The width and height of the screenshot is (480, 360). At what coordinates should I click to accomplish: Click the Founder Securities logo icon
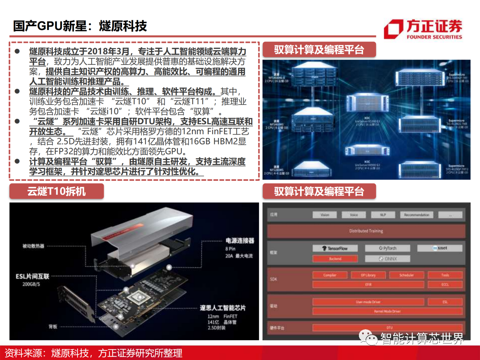point(393,29)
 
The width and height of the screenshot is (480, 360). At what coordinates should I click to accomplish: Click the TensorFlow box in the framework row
point(335,248)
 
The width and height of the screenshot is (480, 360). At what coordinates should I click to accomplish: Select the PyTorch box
point(388,248)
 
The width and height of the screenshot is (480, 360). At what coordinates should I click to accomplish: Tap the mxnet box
point(440,248)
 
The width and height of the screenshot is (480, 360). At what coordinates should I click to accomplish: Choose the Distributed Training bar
point(366,231)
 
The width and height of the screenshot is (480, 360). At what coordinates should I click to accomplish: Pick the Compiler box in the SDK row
point(330,275)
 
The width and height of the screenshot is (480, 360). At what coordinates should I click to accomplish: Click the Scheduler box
point(406,275)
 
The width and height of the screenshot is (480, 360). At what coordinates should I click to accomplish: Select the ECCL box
point(445,285)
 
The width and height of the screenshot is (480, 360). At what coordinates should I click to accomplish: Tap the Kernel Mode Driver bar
point(387,311)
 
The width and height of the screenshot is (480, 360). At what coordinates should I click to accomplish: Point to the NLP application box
point(383,215)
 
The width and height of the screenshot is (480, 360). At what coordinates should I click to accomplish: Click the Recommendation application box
point(416,215)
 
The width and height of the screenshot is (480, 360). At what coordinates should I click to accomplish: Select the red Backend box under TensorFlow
point(335,259)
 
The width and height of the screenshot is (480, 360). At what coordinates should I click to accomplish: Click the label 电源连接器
point(240,241)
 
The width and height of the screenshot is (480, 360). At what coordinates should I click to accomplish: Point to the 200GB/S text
point(31,284)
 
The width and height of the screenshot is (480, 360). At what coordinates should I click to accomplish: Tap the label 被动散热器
point(33,246)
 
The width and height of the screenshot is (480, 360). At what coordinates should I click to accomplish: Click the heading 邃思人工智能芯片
point(222,308)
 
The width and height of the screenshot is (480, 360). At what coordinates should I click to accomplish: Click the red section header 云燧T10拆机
point(56,191)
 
